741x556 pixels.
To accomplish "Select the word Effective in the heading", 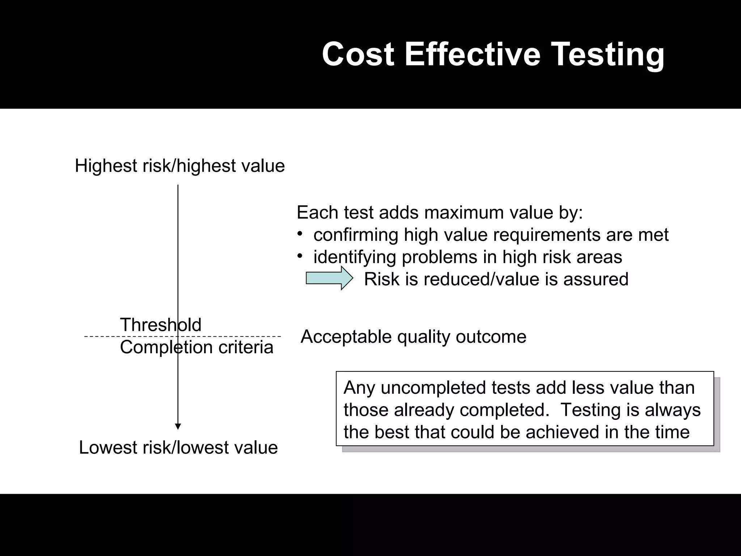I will coord(472,54).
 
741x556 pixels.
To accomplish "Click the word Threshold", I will coord(161,325).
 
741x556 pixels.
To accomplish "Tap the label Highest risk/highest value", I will coord(180,166).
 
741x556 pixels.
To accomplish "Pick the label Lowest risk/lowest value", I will coord(178,447).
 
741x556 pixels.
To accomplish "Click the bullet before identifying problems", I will coord(300,256).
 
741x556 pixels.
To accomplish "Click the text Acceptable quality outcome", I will coord(413,337).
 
